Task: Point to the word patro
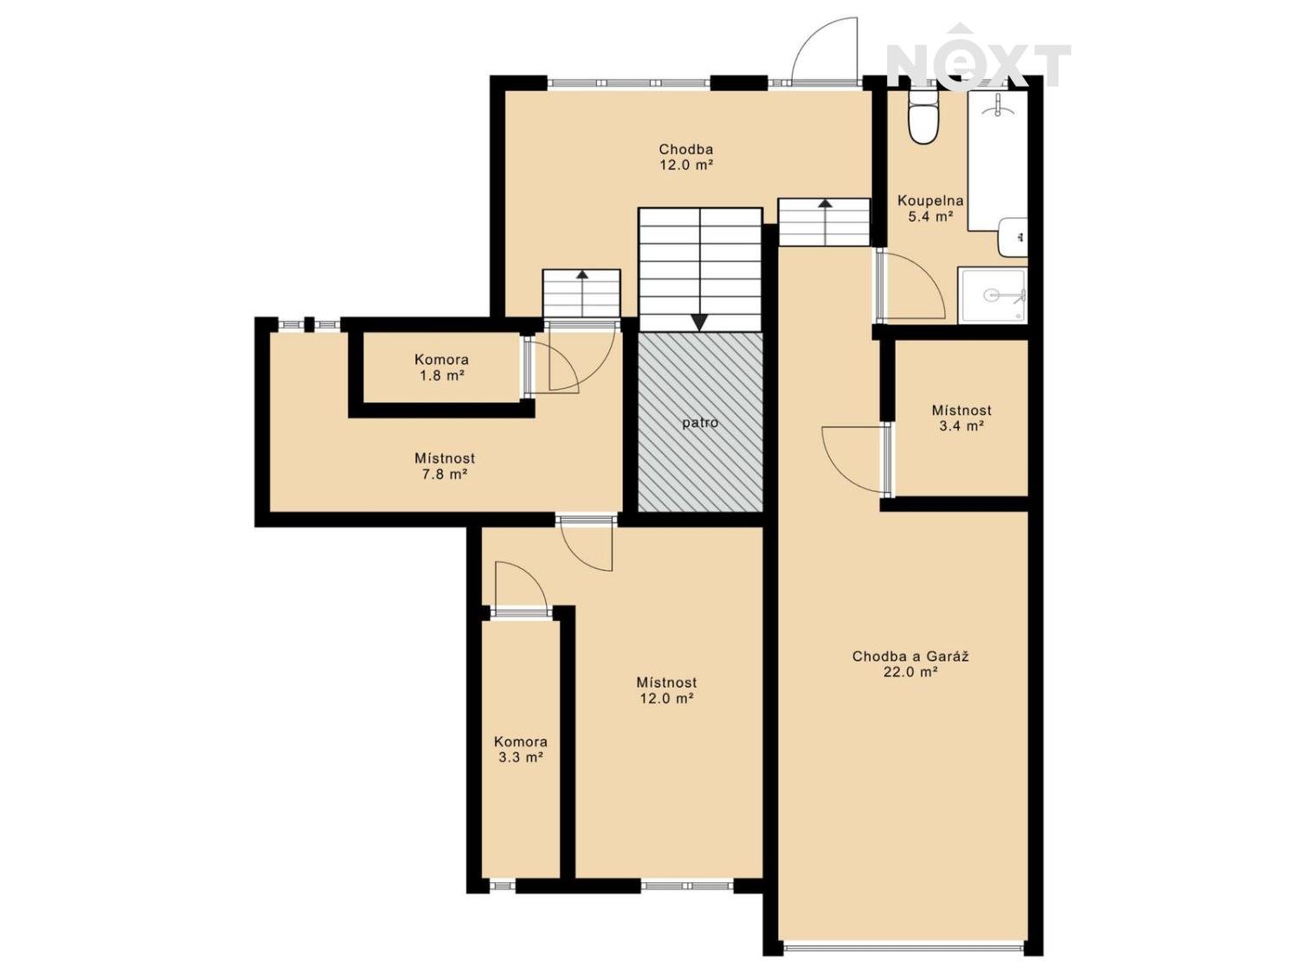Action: [x=700, y=423]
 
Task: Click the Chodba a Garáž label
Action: [x=910, y=656]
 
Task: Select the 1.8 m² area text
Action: [x=441, y=375]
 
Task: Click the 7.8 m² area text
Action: [x=445, y=474]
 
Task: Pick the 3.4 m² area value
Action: [x=961, y=426]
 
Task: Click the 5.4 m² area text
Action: [x=930, y=216]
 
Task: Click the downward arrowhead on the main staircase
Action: [x=700, y=323]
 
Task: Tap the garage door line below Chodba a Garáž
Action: [x=903, y=949]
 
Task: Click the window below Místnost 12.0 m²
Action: [x=686, y=902]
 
